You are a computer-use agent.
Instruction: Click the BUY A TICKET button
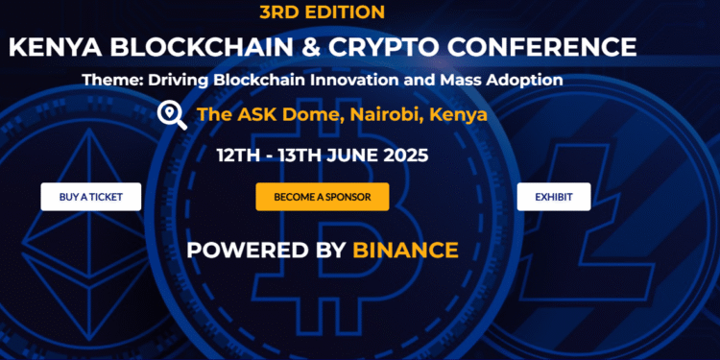(90, 197)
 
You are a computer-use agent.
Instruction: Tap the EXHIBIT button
(554, 197)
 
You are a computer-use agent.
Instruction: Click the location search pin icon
(172, 115)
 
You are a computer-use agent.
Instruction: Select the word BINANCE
(405, 250)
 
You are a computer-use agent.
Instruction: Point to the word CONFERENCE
(541, 46)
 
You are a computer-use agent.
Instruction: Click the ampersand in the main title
(294, 46)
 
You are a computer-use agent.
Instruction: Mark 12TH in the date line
(237, 154)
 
